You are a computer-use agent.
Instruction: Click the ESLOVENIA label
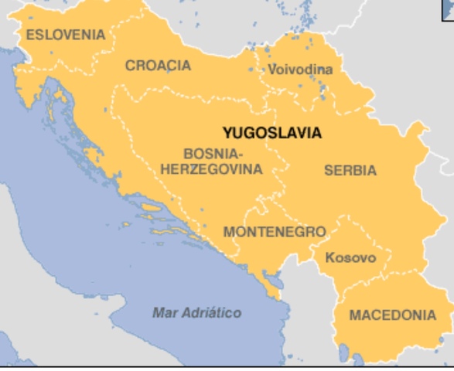tap(65, 34)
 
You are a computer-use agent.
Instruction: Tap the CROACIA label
tap(158, 66)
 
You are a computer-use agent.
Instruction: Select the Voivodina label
tap(300, 70)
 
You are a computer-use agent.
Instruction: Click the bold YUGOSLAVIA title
tap(271, 133)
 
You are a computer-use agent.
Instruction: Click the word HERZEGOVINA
tap(210, 168)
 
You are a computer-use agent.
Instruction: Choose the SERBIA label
tap(350, 170)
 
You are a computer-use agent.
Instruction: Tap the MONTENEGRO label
tap(274, 232)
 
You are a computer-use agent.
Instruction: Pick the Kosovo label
tap(350, 257)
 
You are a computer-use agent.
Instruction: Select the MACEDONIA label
tap(393, 315)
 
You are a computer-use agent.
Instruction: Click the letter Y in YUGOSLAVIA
tap(227, 133)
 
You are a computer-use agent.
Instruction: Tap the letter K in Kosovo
tap(329, 257)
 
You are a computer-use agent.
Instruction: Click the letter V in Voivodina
tap(272, 70)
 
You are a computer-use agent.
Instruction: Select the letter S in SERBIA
tap(329, 170)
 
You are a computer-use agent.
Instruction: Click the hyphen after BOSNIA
tap(240, 153)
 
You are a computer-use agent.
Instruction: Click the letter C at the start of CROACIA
tap(130, 66)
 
